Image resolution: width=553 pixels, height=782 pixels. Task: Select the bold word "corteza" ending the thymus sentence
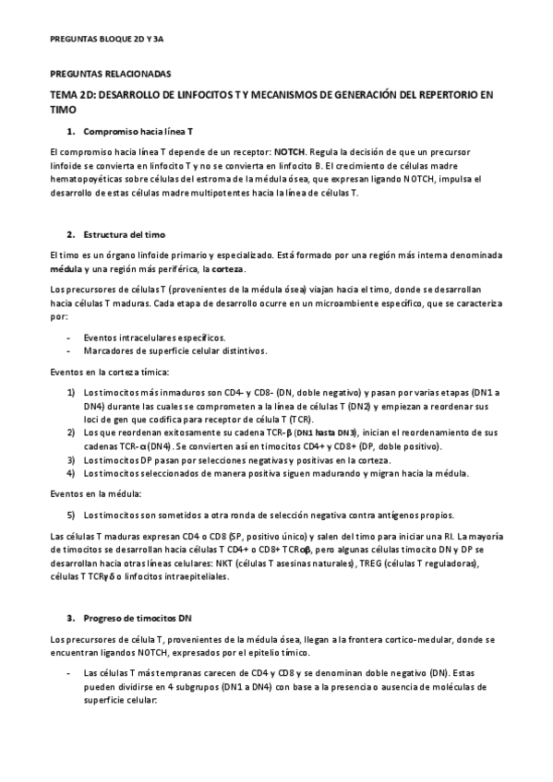[x=229, y=267]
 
